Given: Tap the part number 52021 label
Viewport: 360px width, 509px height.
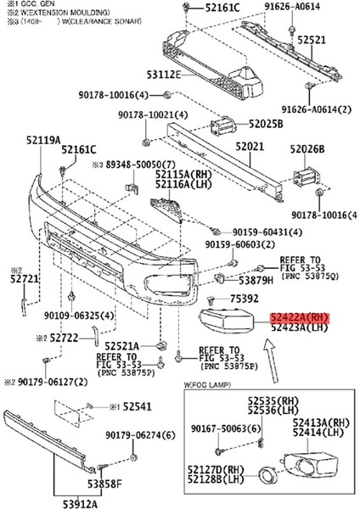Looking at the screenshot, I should pyautogui.click(x=250, y=148).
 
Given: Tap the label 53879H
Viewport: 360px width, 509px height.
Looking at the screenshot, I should pyautogui.click(x=256, y=279).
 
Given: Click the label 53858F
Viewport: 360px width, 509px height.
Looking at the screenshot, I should pyautogui.click(x=110, y=484).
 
